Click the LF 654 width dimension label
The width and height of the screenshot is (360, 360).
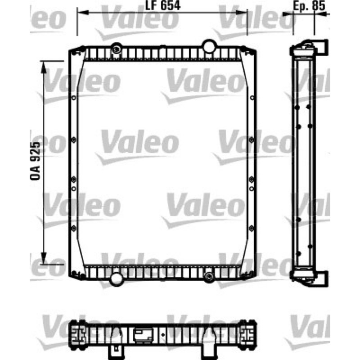[x=163, y=5]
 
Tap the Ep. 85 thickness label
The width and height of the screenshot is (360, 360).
[x=309, y=6]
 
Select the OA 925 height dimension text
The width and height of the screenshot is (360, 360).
[x=35, y=161]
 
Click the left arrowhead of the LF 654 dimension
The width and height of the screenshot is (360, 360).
[x=83, y=12]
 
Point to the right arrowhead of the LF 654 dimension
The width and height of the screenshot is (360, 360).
[x=242, y=12]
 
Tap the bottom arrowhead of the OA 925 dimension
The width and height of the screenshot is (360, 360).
[x=44, y=258]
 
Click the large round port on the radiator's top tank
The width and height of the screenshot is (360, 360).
[x=209, y=46]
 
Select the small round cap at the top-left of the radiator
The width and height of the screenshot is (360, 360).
[x=117, y=49]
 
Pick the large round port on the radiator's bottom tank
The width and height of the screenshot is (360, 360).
[x=116, y=279]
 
